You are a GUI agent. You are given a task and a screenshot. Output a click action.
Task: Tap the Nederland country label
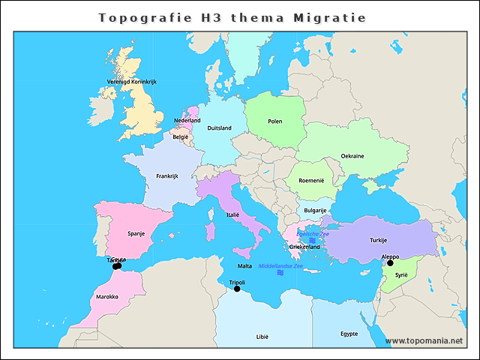click(187, 120)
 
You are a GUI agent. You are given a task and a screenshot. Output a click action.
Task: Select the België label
click(181, 137)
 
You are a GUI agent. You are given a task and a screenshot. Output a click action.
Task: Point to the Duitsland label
click(219, 128)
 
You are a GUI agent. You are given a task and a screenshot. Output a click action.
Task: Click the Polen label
click(275, 121)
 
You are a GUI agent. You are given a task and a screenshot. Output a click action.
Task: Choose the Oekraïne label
click(352, 156)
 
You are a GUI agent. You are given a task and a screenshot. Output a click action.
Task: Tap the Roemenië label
click(310, 181)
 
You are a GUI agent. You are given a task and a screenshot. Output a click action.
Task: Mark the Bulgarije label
click(313, 211)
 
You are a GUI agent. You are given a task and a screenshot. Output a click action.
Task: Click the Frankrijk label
click(166, 176)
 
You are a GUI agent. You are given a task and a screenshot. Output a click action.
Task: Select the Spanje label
click(136, 233)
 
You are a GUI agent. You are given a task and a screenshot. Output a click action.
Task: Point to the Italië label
click(233, 214)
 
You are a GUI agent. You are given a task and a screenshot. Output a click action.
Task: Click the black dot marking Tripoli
click(237, 289)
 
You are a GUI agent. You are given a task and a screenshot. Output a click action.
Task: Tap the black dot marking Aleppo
click(390, 262)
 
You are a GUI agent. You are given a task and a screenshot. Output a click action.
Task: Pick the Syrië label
click(401, 275)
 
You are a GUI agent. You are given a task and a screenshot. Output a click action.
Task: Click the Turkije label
click(378, 240)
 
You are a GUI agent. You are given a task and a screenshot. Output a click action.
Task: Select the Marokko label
click(107, 297)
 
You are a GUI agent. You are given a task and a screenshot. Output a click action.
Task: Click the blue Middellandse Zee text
click(280, 266)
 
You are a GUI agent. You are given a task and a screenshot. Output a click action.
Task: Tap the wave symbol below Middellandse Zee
click(280, 274)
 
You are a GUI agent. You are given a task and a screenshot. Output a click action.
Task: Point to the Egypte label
click(349, 334)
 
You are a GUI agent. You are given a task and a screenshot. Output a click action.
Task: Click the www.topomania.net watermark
click(424, 340)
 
